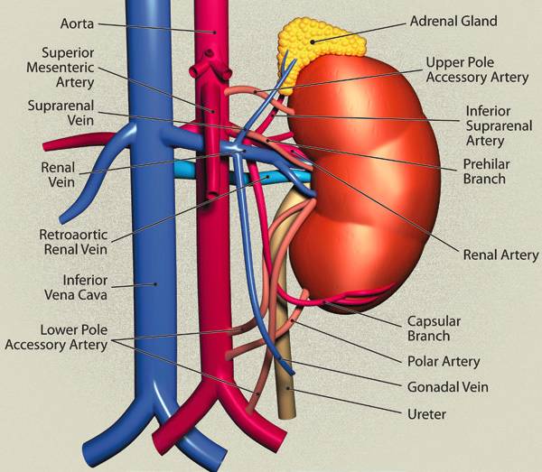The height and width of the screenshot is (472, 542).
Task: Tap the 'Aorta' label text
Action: [x=77, y=23]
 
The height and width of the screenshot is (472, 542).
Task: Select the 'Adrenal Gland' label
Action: [x=453, y=21]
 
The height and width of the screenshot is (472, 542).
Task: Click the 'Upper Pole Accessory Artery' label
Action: [x=477, y=69]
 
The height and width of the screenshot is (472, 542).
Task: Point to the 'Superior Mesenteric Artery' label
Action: [x=61, y=68]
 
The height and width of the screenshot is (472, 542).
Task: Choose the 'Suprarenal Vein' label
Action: [x=61, y=113]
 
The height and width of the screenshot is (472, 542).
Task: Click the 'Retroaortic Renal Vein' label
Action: [x=73, y=242]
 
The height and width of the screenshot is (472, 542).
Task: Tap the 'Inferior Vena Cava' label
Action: [x=76, y=288]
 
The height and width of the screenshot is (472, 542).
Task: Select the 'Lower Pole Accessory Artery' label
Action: [x=56, y=338]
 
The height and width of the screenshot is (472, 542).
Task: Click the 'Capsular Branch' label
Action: [x=434, y=329]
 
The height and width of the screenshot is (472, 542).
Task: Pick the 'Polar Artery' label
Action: [x=444, y=362]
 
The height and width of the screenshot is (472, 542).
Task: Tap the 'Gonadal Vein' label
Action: [x=448, y=387]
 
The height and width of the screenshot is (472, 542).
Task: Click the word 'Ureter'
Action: [x=427, y=414]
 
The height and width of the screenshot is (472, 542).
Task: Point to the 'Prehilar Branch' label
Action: [x=486, y=171]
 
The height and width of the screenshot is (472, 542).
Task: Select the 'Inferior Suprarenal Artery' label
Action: [x=499, y=125]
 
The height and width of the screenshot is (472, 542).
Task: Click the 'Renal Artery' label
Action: [x=500, y=255]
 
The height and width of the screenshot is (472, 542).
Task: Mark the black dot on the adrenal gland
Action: [x=313, y=42]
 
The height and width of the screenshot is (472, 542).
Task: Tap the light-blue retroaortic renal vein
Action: [x=242, y=175]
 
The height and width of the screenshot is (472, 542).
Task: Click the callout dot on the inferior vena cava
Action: [x=155, y=284]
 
